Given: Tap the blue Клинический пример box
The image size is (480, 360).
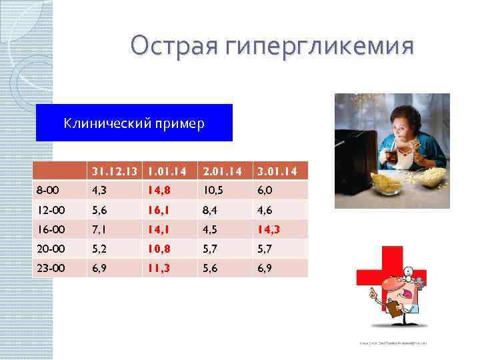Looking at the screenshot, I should point(134,123).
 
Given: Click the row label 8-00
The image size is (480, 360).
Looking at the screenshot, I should point(49,190).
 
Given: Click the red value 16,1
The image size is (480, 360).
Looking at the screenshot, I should point(160,210).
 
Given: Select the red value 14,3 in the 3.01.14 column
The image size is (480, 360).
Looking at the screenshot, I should point(274,229).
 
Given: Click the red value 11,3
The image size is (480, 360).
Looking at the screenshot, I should point(160,268).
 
